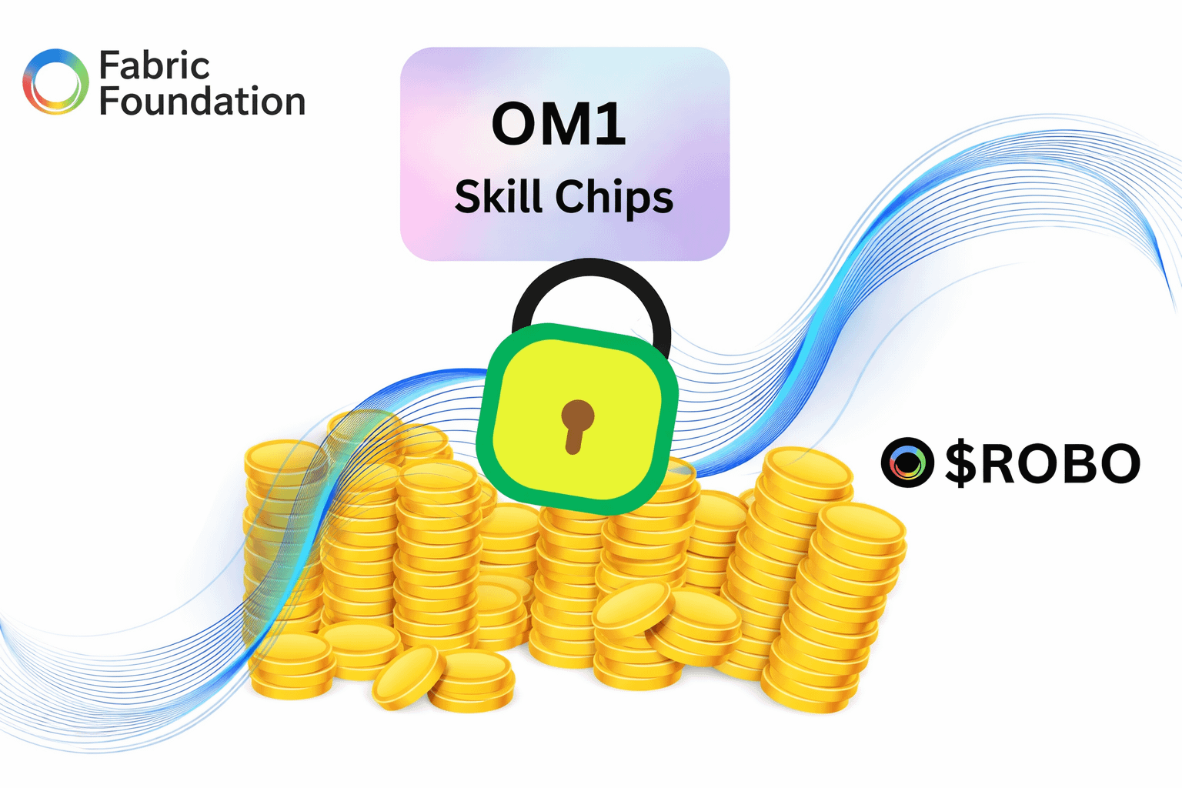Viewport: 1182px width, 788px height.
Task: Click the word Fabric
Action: [154, 65]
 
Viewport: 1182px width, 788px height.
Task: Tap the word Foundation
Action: [202, 102]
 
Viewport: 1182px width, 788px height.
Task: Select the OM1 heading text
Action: [559, 125]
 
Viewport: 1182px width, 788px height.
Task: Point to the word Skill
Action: [498, 196]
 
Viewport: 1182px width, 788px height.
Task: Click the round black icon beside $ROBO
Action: [907, 462]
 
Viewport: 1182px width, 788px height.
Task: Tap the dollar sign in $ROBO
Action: [960, 463]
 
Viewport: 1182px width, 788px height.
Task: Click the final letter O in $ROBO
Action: [1115, 463]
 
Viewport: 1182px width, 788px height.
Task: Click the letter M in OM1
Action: [563, 125]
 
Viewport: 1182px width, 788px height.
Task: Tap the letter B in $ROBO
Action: [1075, 463]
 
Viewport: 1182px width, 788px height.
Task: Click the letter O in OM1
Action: [516, 125]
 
